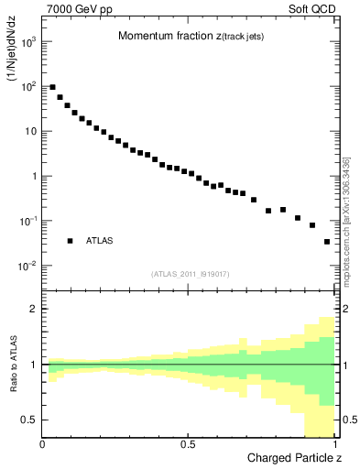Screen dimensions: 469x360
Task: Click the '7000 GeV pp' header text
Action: coord(80,10)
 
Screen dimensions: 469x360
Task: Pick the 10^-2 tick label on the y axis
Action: coord(26,266)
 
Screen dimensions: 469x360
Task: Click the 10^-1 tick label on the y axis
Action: coord(26,221)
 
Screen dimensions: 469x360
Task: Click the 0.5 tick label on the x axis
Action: coord(189,444)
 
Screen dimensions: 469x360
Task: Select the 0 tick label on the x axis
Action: coord(43,444)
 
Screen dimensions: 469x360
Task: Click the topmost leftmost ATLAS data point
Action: coord(52,87)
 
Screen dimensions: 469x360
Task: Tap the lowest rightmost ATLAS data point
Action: coord(327,242)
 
